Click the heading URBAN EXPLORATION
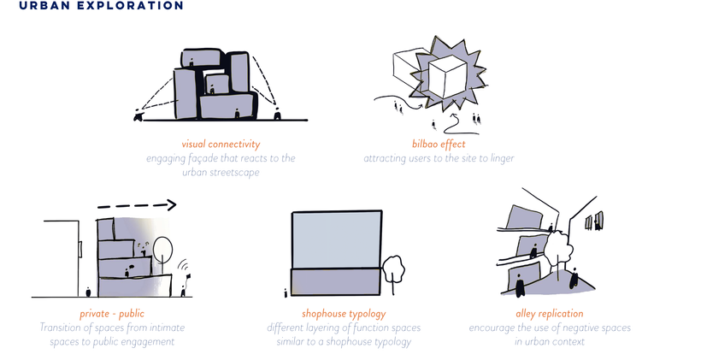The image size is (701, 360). [x=100, y=6]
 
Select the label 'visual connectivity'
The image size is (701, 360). [x=221, y=145]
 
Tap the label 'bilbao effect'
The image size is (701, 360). [x=438, y=145]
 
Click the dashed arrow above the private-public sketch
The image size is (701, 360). [x=137, y=205]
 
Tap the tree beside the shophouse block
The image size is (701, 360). [x=393, y=269]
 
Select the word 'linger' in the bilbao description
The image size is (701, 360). [x=500, y=158]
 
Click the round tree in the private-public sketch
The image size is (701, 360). [x=163, y=250]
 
